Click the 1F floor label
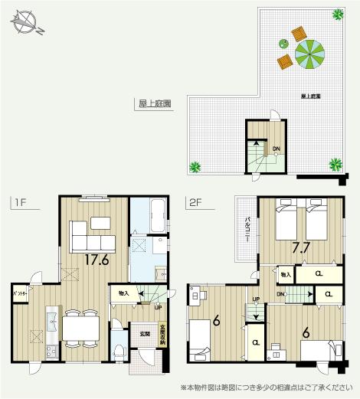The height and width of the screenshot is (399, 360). [x=19, y=203]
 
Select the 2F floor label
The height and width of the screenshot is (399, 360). [x=195, y=203]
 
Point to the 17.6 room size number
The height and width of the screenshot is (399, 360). [x=96, y=260]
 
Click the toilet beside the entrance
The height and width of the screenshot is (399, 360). [x=118, y=352]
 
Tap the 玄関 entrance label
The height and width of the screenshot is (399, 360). [x=145, y=333]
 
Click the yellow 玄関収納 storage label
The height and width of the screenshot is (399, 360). [x=162, y=335]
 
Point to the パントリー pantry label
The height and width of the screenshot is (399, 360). [x=21, y=293]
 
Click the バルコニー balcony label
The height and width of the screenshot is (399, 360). [x=247, y=228]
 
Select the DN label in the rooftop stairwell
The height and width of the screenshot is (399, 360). [x=276, y=148]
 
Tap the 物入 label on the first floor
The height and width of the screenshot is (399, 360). [x=124, y=293]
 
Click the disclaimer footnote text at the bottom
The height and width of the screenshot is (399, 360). [x=270, y=387]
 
